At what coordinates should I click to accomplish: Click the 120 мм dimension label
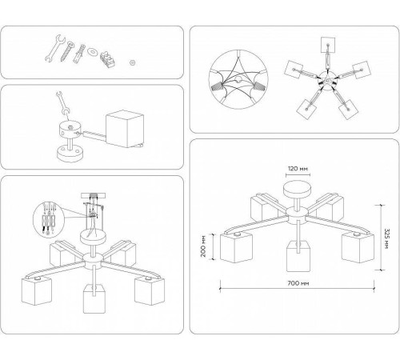298,169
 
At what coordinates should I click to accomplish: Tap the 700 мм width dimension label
298,283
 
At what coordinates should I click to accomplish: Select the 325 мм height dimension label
386,238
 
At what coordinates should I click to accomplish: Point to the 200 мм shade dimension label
203,246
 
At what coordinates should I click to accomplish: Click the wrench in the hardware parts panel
55,49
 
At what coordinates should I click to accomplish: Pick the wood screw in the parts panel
66,52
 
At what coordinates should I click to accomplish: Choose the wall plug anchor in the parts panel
79,54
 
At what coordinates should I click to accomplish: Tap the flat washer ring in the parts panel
93,51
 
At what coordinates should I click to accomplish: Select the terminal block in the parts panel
107,60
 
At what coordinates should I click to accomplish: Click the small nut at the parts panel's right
132,62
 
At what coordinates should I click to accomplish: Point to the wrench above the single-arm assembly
62,102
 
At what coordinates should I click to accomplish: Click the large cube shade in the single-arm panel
125,129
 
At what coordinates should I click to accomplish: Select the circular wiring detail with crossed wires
238,79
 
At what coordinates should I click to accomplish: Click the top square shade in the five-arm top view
328,44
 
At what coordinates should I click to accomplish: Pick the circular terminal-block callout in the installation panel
49,218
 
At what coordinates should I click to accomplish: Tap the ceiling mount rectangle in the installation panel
93,196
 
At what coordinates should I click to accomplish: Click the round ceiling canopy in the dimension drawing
297,190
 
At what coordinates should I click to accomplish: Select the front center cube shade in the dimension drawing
298,255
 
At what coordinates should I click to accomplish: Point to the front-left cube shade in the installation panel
36,291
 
